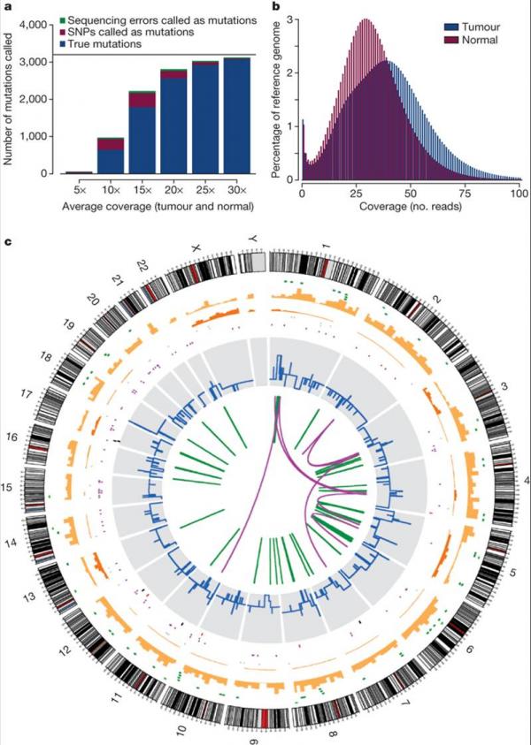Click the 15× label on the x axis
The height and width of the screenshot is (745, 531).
143,190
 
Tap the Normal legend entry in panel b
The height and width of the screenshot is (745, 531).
483,40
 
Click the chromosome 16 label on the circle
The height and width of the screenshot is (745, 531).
12,437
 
